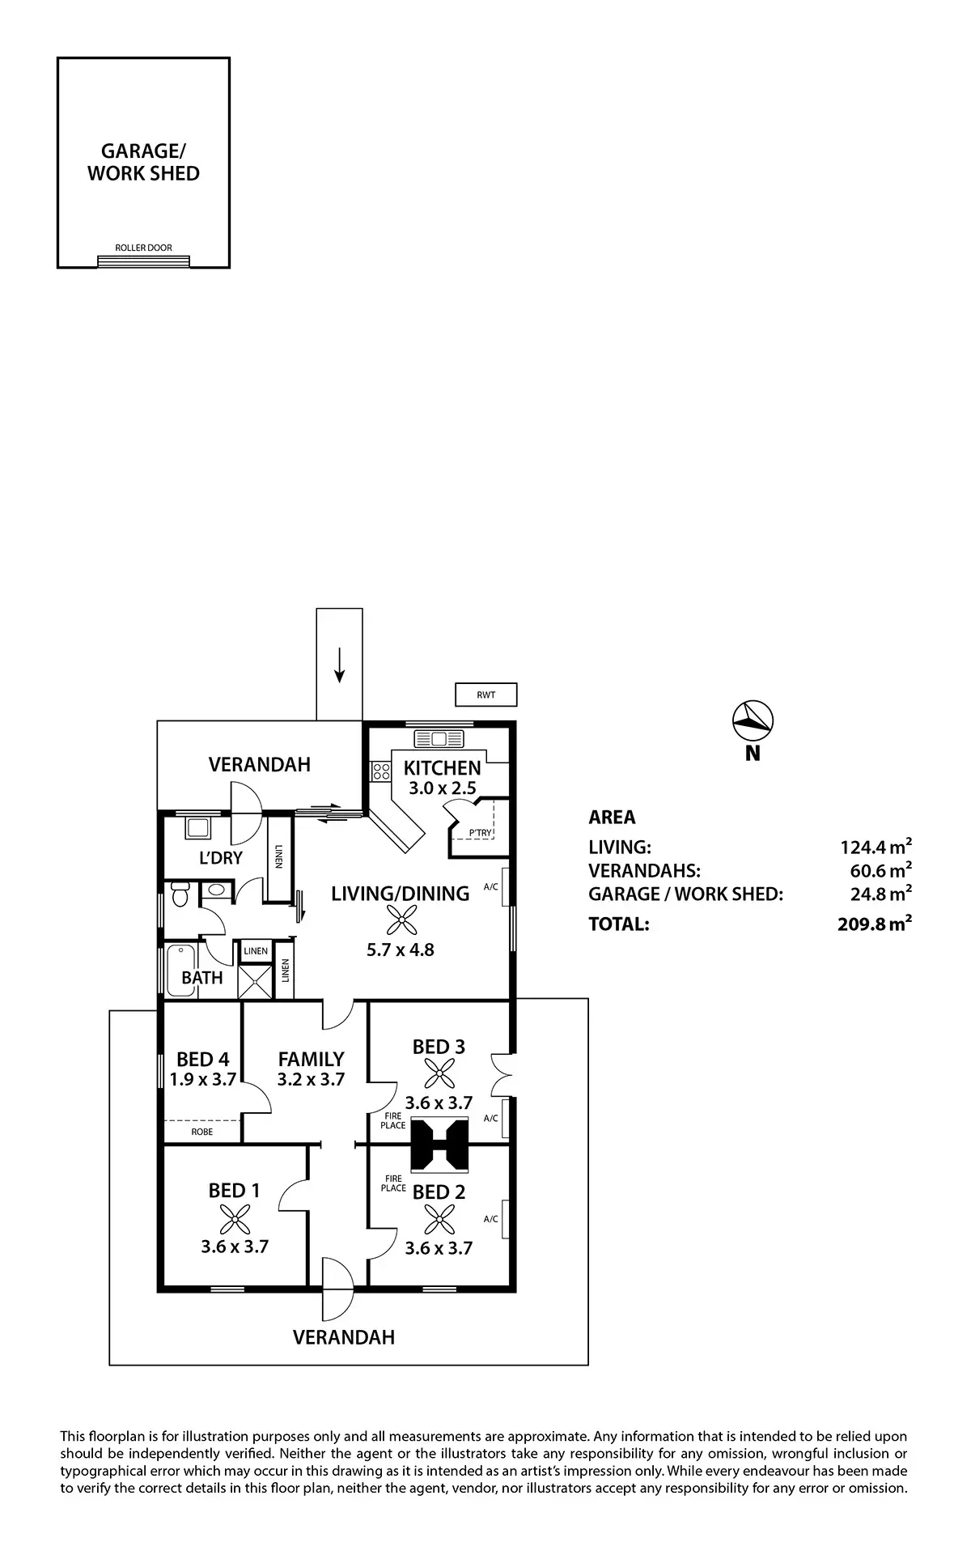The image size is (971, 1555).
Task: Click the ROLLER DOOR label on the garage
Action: (x=143, y=248)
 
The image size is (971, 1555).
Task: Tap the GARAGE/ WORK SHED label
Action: (x=143, y=162)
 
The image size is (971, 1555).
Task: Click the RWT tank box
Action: (x=485, y=695)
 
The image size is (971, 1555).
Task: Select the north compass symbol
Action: (x=753, y=719)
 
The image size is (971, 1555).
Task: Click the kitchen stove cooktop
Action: (x=381, y=771)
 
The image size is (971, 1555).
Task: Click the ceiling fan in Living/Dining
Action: (x=401, y=920)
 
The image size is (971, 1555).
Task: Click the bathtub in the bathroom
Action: (x=180, y=969)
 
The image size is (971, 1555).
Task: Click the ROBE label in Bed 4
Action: (x=202, y=1132)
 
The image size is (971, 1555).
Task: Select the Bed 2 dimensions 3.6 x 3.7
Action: (x=439, y=1249)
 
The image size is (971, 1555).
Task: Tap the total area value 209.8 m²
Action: (x=876, y=923)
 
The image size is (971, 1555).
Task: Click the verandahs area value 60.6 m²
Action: (x=878, y=871)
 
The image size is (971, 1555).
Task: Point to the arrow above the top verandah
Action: (x=340, y=665)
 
